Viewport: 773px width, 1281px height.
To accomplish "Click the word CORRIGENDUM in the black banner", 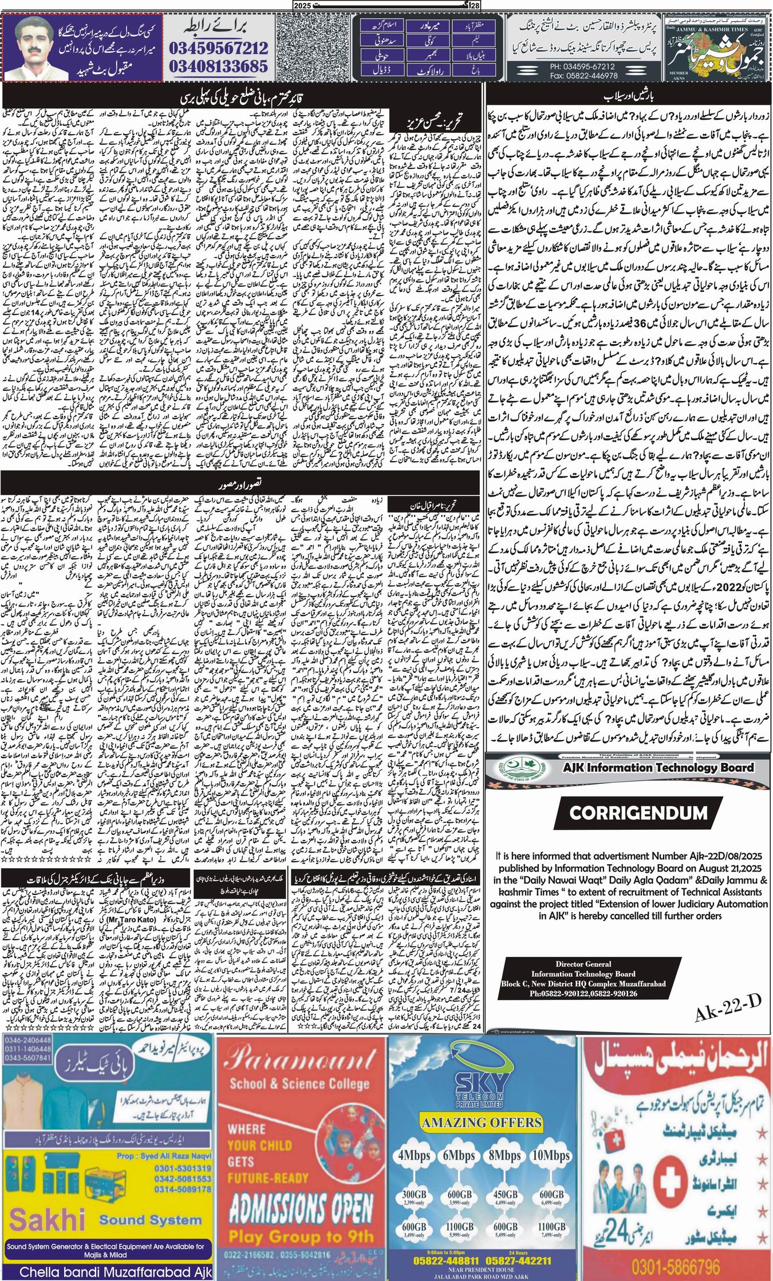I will [x=630, y=812].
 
